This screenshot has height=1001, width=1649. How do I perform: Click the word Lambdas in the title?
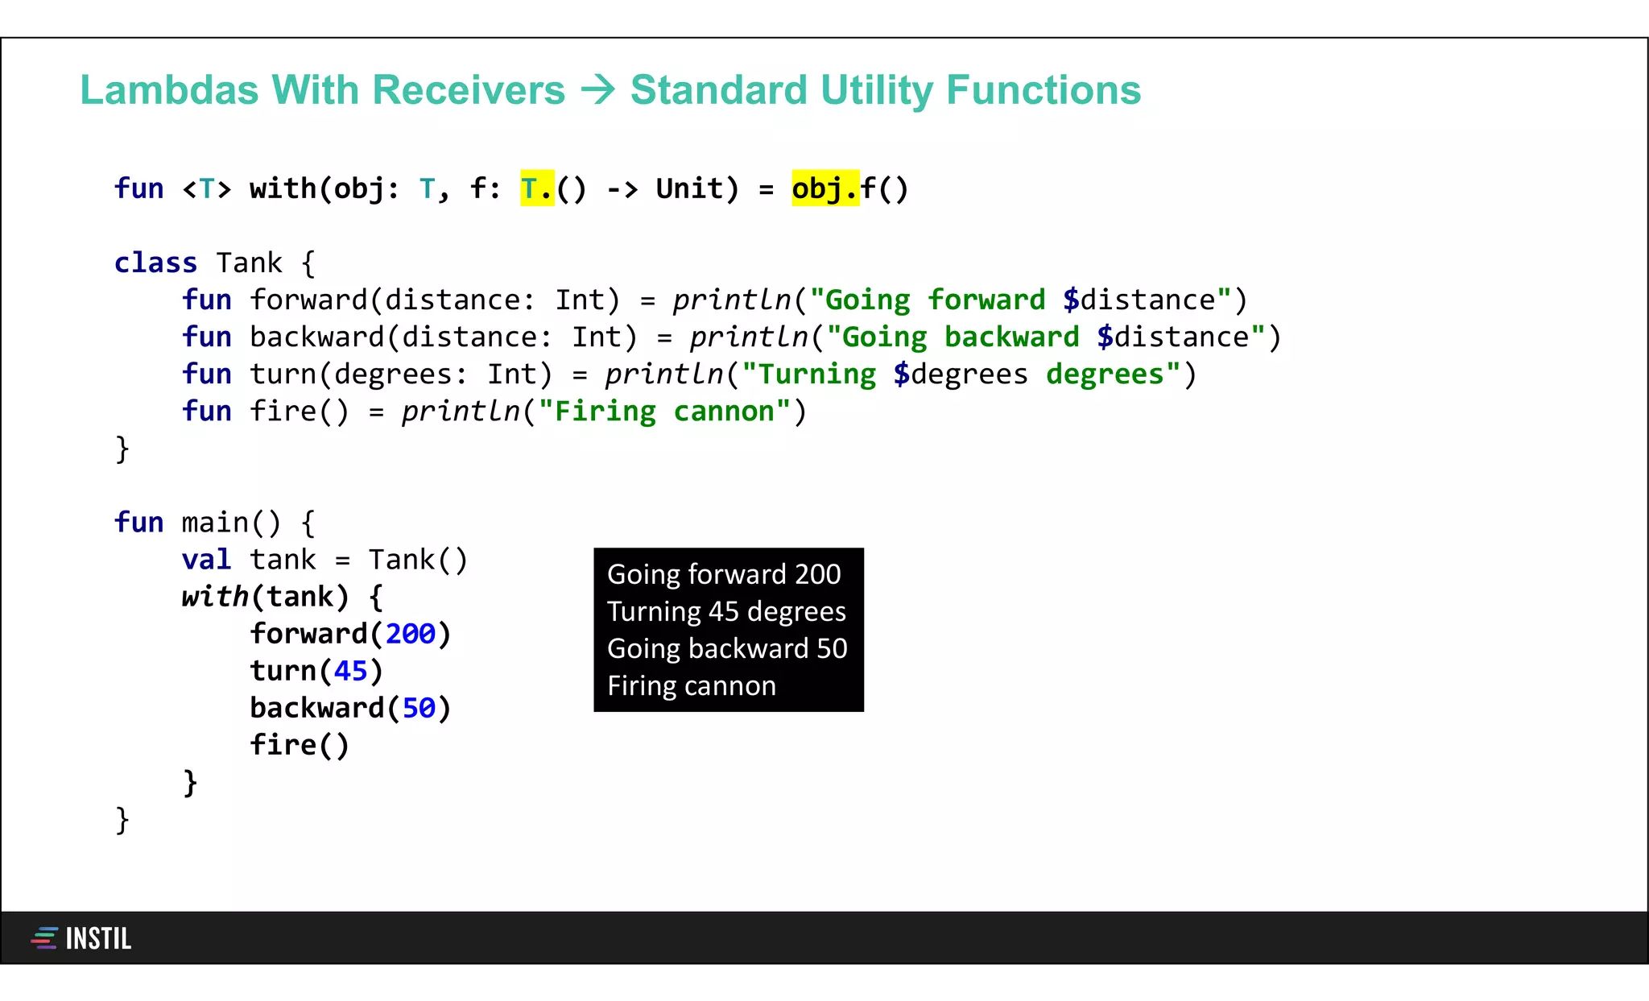click(169, 90)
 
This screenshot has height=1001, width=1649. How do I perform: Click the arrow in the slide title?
click(597, 90)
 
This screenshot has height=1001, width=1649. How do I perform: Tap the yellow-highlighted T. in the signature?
click(537, 188)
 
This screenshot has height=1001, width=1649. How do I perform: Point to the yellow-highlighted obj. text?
click(824, 188)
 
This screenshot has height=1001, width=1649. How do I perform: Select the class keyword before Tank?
click(155, 263)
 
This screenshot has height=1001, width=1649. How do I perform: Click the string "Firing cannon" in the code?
click(664, 412)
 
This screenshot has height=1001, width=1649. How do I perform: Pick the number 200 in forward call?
click(410, 635)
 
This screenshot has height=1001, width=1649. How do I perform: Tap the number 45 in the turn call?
click(350, 672)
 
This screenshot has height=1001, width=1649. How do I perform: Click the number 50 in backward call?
click(419, 709)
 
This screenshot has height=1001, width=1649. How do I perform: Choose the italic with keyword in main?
click(215, 598)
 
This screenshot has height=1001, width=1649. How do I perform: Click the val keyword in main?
click(206, 560)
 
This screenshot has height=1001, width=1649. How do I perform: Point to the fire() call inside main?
click(300, 746)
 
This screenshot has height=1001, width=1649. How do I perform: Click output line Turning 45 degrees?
click(726, 612)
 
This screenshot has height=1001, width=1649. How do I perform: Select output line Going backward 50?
click(727, 649)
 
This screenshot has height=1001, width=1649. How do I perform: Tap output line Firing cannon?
click(692, 686)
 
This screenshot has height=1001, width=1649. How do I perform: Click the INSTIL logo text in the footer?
click(98, 939)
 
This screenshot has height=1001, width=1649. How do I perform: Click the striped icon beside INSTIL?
click(44, 938)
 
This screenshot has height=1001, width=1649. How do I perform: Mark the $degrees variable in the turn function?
click(961, 374)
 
